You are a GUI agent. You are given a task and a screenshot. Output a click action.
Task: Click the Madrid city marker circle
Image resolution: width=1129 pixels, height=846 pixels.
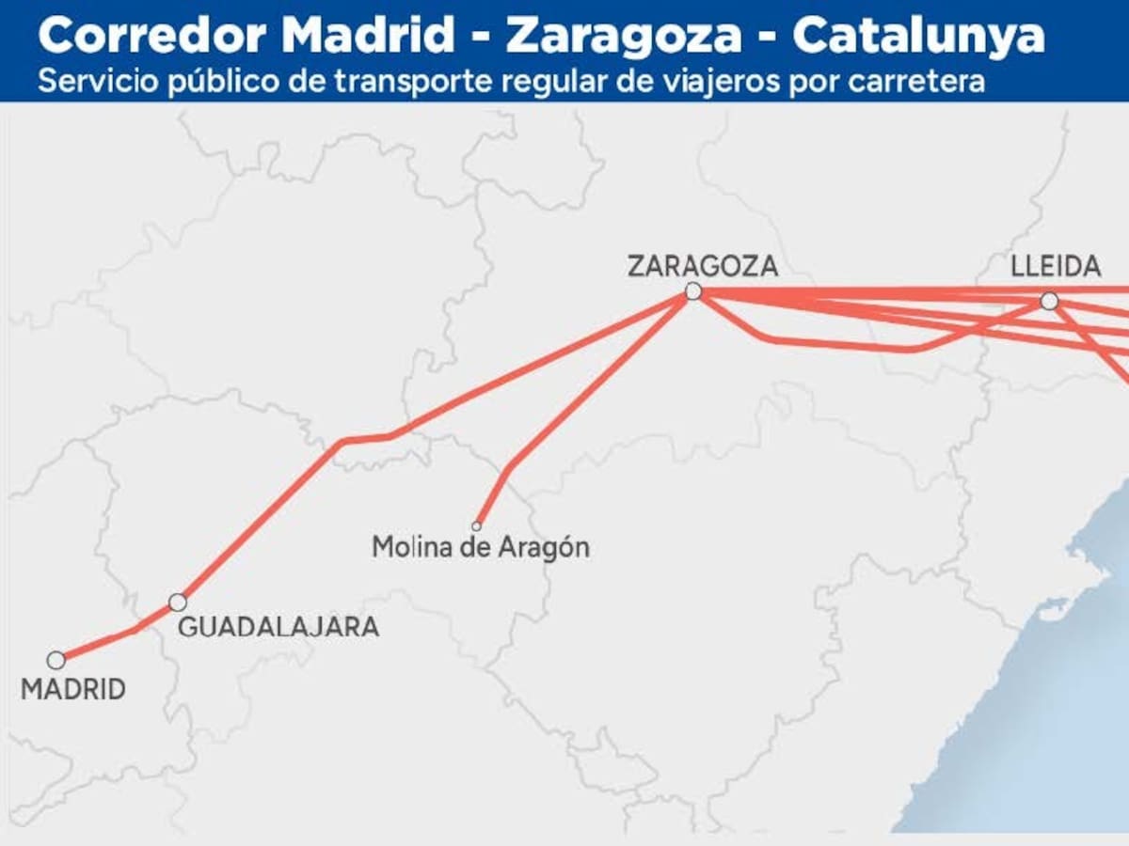tap(56, 660)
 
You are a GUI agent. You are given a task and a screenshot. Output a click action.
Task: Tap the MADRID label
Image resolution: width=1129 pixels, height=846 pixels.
tap(73, 690)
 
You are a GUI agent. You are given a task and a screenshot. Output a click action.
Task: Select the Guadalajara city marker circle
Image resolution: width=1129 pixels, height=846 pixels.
tap(177, 603)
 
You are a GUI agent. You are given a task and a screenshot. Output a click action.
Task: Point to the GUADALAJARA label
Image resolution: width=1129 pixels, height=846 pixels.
tap(278, 627)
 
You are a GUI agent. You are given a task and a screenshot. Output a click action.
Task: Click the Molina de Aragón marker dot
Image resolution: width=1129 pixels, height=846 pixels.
tap(477, 526)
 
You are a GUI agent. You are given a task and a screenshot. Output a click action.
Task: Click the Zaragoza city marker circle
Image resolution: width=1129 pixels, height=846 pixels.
tap(693, 291)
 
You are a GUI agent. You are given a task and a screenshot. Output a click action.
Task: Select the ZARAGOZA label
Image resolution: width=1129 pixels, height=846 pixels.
tap(703, 266)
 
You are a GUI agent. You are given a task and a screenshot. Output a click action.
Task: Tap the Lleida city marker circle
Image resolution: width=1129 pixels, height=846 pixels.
tap(1049, 301)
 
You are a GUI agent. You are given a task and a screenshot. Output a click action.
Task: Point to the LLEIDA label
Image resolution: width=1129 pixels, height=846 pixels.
tap(1056, 267)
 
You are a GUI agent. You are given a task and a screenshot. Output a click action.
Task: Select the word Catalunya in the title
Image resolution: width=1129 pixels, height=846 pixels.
tap(918, 37)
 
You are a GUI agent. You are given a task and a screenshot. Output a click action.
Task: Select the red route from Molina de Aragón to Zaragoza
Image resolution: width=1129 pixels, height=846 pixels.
tap(583, 395)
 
